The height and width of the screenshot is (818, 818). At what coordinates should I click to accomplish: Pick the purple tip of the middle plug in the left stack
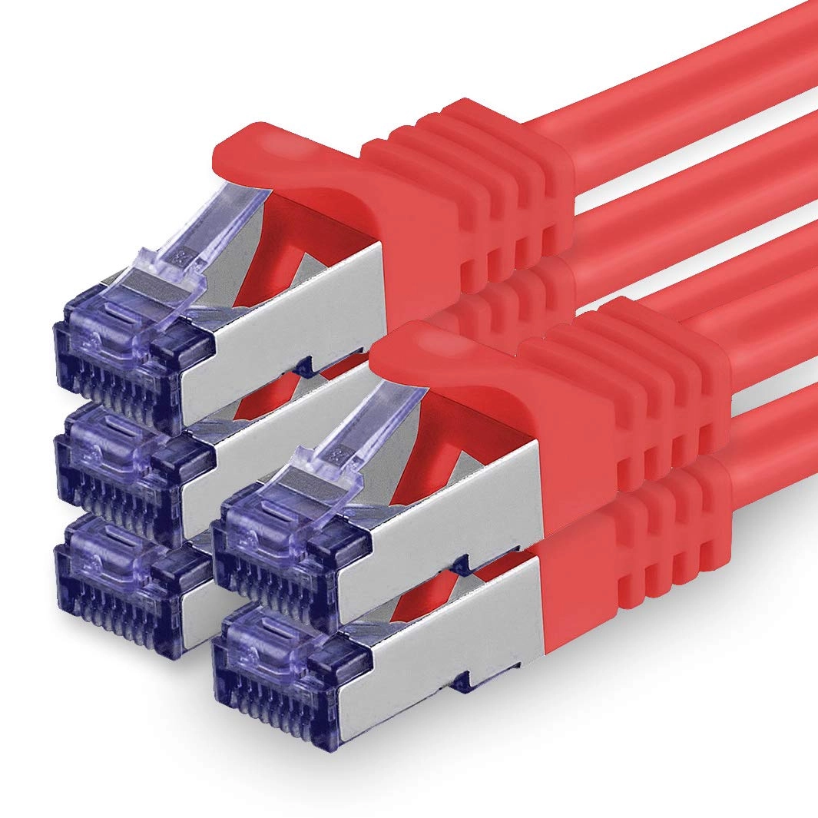click(123, 461)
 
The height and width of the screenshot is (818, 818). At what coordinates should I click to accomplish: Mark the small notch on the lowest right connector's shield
click(461, 679)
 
